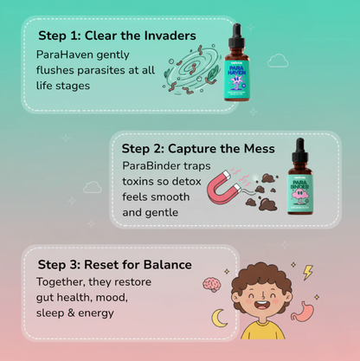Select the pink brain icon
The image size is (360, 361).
tap(210, 284)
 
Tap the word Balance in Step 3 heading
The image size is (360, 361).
tap(165, 264)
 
